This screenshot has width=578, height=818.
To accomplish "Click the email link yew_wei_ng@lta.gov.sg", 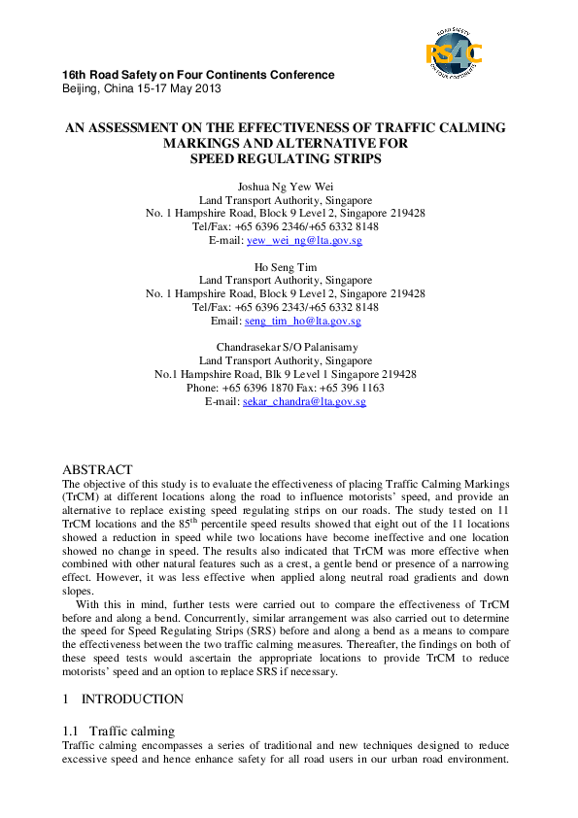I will pyautogui.click(x=305, y=240).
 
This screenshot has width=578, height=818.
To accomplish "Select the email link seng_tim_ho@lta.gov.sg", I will pyautogui.click(x=302, y=321).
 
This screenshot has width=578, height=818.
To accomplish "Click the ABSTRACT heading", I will pyautogui.click(x=97, y=469).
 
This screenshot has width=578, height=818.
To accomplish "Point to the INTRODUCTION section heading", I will pyautogui.click(x=132, y=699).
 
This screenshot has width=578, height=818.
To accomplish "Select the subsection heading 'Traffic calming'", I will pyautogui.click(x=132, y=730).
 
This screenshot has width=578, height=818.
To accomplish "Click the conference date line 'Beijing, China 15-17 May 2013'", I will pyautogui.click(x=141, y=88).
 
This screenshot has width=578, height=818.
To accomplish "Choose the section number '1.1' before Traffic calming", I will pyautogui.click(x=70, y=730).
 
